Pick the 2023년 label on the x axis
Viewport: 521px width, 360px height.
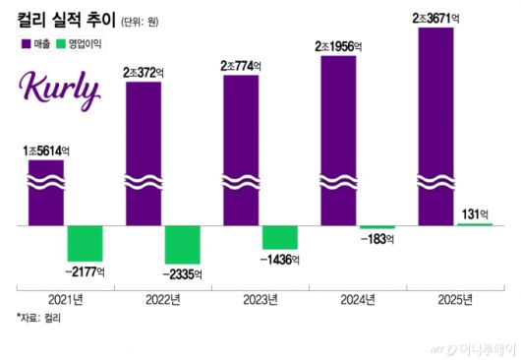pyautogui.click(x=260, y=299)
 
